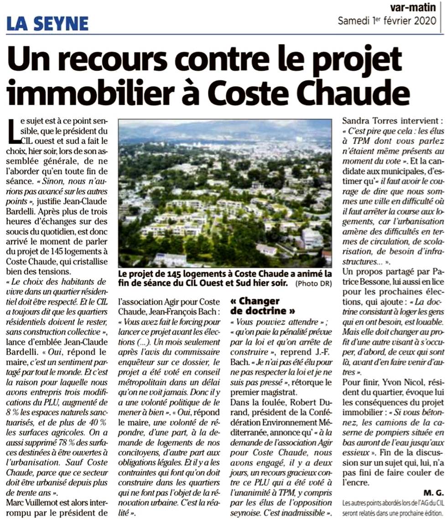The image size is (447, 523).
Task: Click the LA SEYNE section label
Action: coord(48,23)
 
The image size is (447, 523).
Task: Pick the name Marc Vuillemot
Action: coord(38,502)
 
